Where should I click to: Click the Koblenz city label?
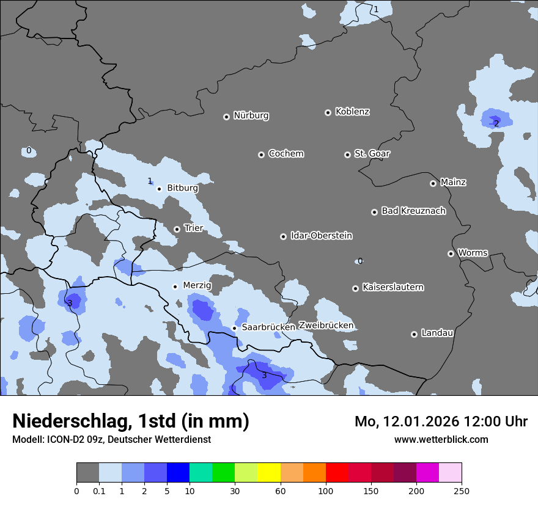click(x=352, y=112)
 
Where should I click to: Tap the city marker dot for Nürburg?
click(x=226, y=117)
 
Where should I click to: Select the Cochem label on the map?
click(x=286, y=153)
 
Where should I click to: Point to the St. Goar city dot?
click(x=347, y=155)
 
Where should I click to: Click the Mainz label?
click(x=453, y=182)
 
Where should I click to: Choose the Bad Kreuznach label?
click(x=413, y=211)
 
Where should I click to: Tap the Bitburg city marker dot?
click(x=159, y=189)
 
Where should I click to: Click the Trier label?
click(x=193, y=228)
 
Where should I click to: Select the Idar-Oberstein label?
click(x=321, y=236)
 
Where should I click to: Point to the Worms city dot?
click(x=451, y=253)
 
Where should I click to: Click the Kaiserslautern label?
click(x=392, y=287)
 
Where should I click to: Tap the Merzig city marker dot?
click(x=175, y=286)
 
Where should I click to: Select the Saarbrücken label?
click(x=268, y=327)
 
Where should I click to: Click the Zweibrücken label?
click(x=326, y=326)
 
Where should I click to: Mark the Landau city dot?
click(x=414, y=334)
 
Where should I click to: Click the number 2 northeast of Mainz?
click(x=496, y=123)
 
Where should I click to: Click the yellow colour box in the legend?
click(x=269, y=473)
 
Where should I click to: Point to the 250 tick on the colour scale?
click(x=462, y=491)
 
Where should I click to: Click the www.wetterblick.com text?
click(x=441, y=439)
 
